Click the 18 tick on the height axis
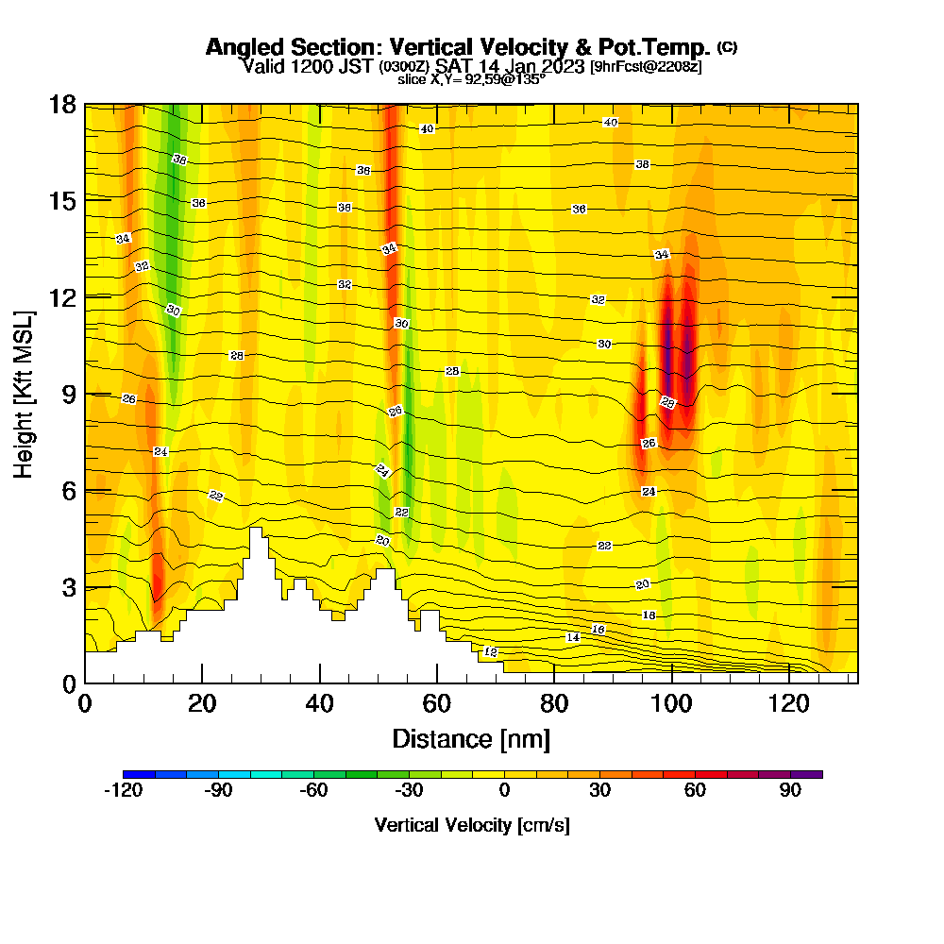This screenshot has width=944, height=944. [62, 104]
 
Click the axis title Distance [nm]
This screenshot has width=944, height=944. [471, 737]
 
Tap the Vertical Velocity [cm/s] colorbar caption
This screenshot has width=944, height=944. [472, 825]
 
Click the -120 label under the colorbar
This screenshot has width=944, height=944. [123, 791]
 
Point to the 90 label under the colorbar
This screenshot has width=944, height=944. [791, 791]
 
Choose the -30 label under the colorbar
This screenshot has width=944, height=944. [409, 791]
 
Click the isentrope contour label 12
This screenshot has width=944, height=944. [490, 652]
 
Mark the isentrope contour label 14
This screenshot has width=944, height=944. [573, 638]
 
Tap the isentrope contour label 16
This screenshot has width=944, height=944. [598, 629]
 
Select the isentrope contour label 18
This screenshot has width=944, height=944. [649, 615]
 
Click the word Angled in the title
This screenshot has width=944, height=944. [238, 47]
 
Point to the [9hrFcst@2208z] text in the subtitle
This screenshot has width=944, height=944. [646, 67]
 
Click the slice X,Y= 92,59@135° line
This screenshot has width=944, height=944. [471, 80]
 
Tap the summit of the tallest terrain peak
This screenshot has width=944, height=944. [255, 529]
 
